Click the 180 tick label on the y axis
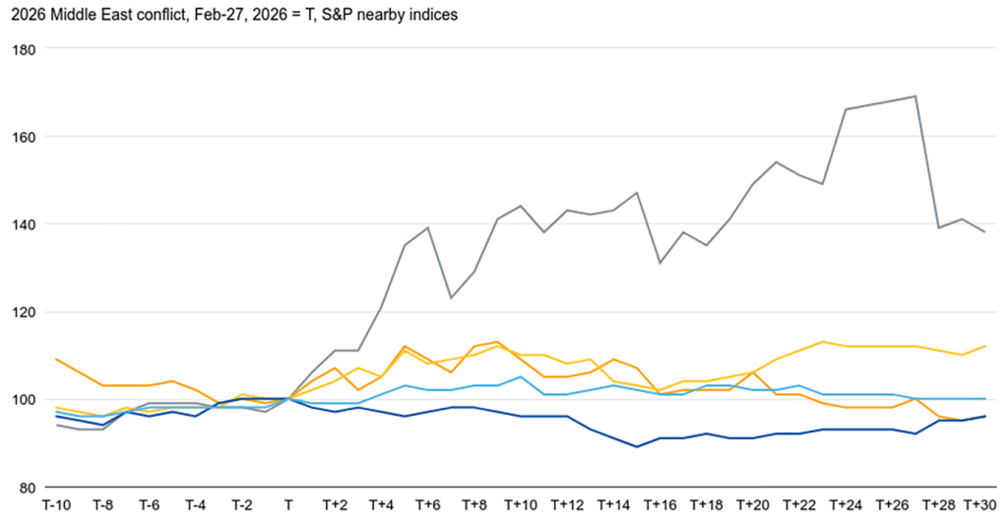click(x=23, y=49)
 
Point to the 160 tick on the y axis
click(x=23, y=137)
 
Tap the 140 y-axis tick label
click(x=23, y=225)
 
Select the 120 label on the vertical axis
click(x=23, y=312)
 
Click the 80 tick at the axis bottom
click(x=27, y=488)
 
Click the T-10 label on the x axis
click(x=55, y=505)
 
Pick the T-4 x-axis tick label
click(x=195, y=505)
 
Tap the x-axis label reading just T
click(x=287, y=505)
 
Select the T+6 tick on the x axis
click(x=427, y=505)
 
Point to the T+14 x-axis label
click(x=613, y=505)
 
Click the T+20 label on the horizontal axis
click(x=753, y=505)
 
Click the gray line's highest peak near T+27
click(x=916, y=97)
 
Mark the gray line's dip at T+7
click(x=451, y=298)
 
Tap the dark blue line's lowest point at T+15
click(x=637, y=447)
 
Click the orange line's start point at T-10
click(x=56, y=360)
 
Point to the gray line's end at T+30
click(x=985, y=232)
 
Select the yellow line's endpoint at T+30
click(x=985, y=347)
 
